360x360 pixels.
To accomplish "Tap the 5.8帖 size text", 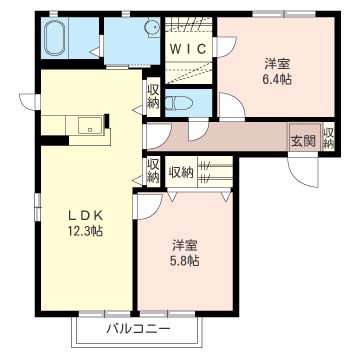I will coord(184,262).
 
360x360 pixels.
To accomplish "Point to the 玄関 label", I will coord(302,139).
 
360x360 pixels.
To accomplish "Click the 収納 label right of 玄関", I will coord(328,138).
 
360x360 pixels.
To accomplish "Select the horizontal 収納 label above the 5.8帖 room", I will coord(181,171).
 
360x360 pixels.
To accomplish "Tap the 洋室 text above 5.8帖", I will coord(184,245).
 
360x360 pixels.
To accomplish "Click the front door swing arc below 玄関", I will coord(297,171).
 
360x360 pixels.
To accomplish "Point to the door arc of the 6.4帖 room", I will coord(230,106).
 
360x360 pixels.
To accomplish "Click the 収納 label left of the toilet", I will coord(153,97).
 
